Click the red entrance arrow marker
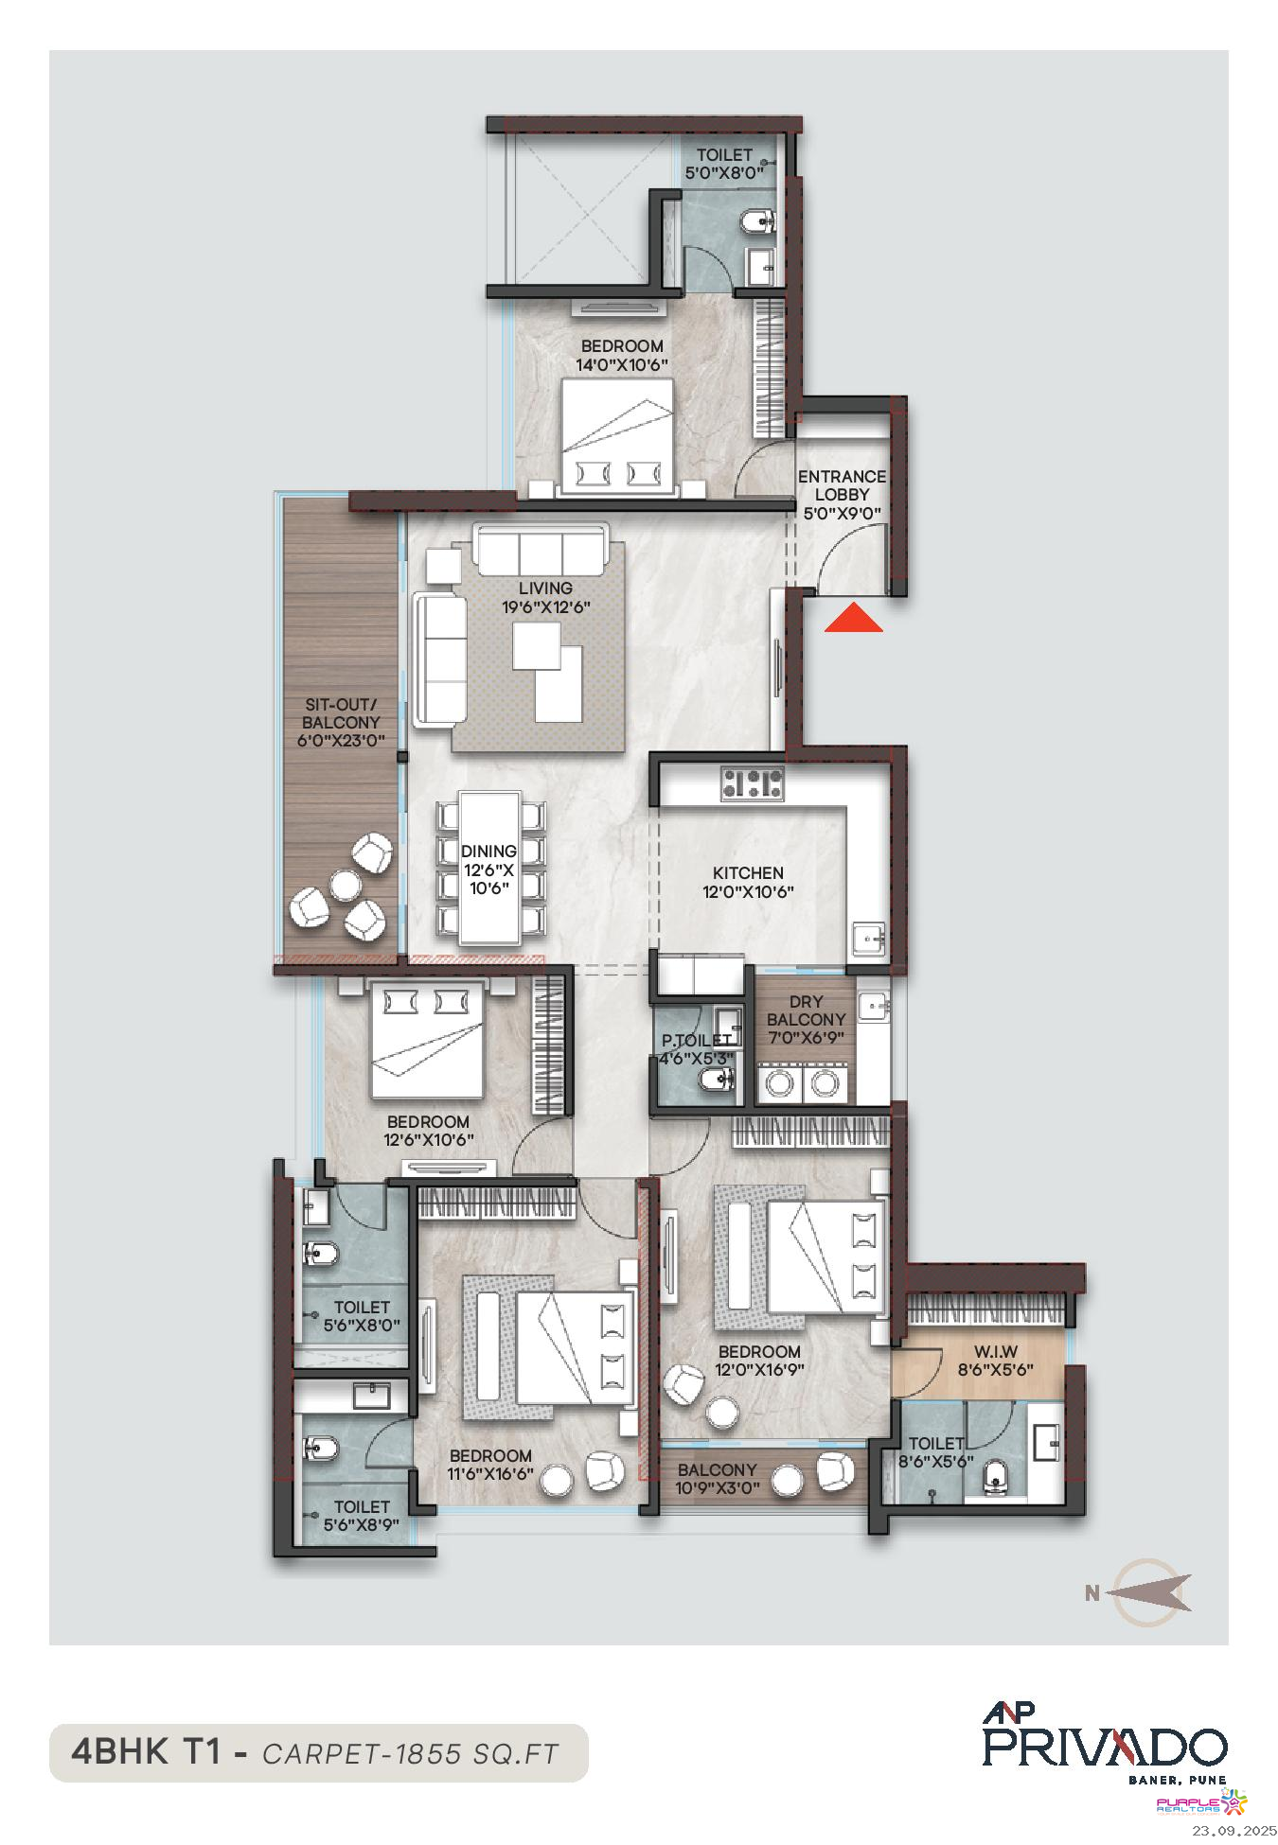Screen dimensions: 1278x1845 (853, 618)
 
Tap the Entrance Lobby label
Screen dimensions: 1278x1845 (842, 495)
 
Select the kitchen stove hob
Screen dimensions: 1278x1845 (753, 783)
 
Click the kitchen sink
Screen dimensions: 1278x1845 (868, 939)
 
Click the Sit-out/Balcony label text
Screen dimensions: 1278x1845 (341, 723)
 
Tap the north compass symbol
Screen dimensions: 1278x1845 (1141, 1593)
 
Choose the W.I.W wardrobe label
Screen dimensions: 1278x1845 (995, 1361)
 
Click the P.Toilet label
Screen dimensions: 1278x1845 (696, 1049)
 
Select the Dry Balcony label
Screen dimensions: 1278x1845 (807, 1019)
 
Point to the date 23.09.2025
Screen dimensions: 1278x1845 (1234, 1831)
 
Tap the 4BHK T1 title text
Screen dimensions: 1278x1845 (146, 1752)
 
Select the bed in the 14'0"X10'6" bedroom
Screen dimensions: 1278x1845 (617, 436)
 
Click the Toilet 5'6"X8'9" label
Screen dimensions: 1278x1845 (362, 1516)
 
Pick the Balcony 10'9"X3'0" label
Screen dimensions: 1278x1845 (717, 1479)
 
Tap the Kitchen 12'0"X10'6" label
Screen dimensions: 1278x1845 (748, 882)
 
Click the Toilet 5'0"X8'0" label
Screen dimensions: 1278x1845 (724, 164)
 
